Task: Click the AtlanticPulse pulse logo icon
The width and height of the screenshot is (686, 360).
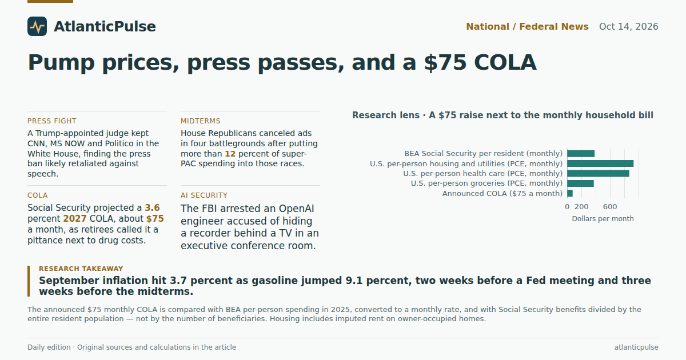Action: tap(37, 26)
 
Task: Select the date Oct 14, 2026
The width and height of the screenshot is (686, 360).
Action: tap(628, 27)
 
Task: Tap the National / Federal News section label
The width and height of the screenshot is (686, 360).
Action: tap(527, 27)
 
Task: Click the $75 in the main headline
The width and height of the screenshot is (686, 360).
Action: tap(445, 62)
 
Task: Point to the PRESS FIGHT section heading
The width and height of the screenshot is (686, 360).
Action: tap(52, 121)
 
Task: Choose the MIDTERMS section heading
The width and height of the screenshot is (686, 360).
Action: tap(200, 121)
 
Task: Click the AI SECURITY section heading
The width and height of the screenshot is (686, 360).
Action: tap(204, 195)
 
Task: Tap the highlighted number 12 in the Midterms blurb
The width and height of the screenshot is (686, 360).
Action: tap(230, 154)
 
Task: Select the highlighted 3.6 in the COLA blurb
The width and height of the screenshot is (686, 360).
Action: tap(152, 208)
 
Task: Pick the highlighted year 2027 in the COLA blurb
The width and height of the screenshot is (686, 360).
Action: tap(75, 218)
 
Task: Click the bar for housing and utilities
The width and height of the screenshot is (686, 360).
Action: tap(600, 163)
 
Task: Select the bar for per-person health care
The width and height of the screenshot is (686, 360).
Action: tap(598, 174)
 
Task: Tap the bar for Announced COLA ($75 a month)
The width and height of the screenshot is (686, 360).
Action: tap(570, 194)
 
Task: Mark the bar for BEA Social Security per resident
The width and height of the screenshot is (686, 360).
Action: tap(581, 154)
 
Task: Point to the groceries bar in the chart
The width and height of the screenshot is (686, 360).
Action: tap(580, 183)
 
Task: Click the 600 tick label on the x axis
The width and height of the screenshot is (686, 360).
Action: tap(610, 207)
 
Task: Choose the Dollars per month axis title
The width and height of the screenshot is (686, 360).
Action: tap(603, 218)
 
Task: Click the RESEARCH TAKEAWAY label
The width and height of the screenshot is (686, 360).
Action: tap(81, 269)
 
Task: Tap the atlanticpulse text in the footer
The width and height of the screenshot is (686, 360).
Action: tap(636, 347)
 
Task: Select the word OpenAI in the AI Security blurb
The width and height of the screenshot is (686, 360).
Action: tap(296, 209)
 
